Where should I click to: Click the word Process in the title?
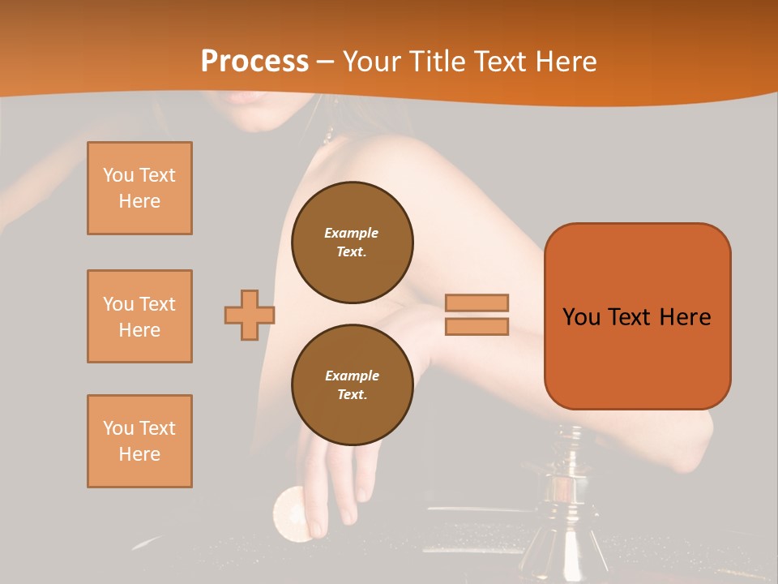click(254, 62)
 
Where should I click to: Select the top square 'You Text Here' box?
click(139, 188)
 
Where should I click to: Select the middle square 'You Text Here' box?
click(139, 316)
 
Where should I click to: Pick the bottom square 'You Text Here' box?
click(139, 441)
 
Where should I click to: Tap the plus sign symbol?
click(249, 315)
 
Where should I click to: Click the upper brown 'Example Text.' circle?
click(352, 243)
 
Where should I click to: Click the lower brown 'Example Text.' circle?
click(352, 385)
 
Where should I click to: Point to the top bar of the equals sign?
click(477, 303)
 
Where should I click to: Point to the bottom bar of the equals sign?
click(477, 326)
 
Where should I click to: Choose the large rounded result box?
click(637, 316)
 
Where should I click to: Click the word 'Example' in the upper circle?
click(352, 233)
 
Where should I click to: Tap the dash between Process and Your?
click(326, 62)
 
